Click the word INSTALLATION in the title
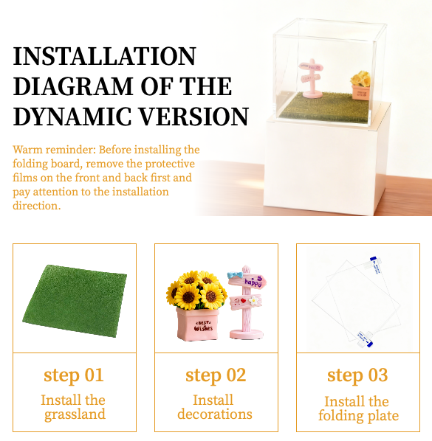click(x=104, y=56)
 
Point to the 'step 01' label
click(x=74, y=375)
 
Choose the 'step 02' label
click(x=216, y=375)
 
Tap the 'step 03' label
click(x=357, y=375)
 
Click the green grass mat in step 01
click(x=75, y=300)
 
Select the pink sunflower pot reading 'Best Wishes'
click(x=198, y=324)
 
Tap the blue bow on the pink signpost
click(x=235, y=275)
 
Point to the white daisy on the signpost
click(x=254, y=300)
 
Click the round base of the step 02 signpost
click(x=247, y=334)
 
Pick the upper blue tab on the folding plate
click(x=375, y=264)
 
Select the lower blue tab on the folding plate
click(x=365, y=339)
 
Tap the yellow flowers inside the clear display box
click(x=360, y=78)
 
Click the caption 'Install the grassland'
click(x=73, y=407)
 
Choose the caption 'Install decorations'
click(x=215, y=407)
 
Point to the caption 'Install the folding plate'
click(x=358, y=409)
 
